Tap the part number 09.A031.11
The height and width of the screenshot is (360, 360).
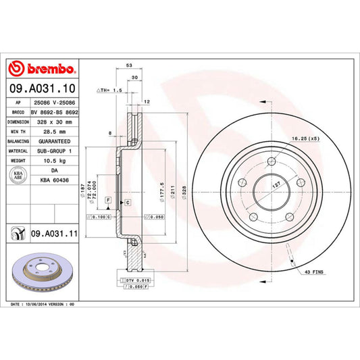pos(53,233)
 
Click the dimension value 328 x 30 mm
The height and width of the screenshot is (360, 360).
pos(53,122)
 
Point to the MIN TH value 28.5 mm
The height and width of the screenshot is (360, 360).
pos(53,132)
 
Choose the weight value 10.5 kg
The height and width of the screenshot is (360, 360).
pos(53,162)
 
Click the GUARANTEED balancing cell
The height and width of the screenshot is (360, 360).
pos(53,143)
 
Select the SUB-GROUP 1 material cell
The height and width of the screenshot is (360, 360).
pos(53,153)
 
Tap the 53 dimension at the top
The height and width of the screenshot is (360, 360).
pos(128,67)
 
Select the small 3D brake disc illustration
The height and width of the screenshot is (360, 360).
pos(42,273)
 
